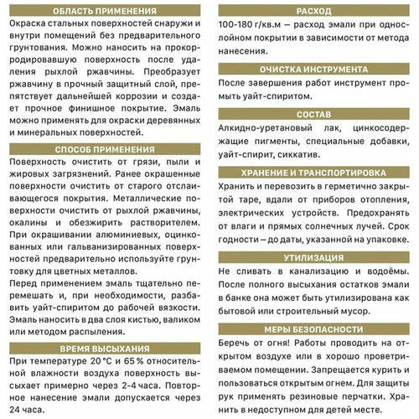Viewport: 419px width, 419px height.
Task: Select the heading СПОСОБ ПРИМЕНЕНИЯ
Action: point(103,149)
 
